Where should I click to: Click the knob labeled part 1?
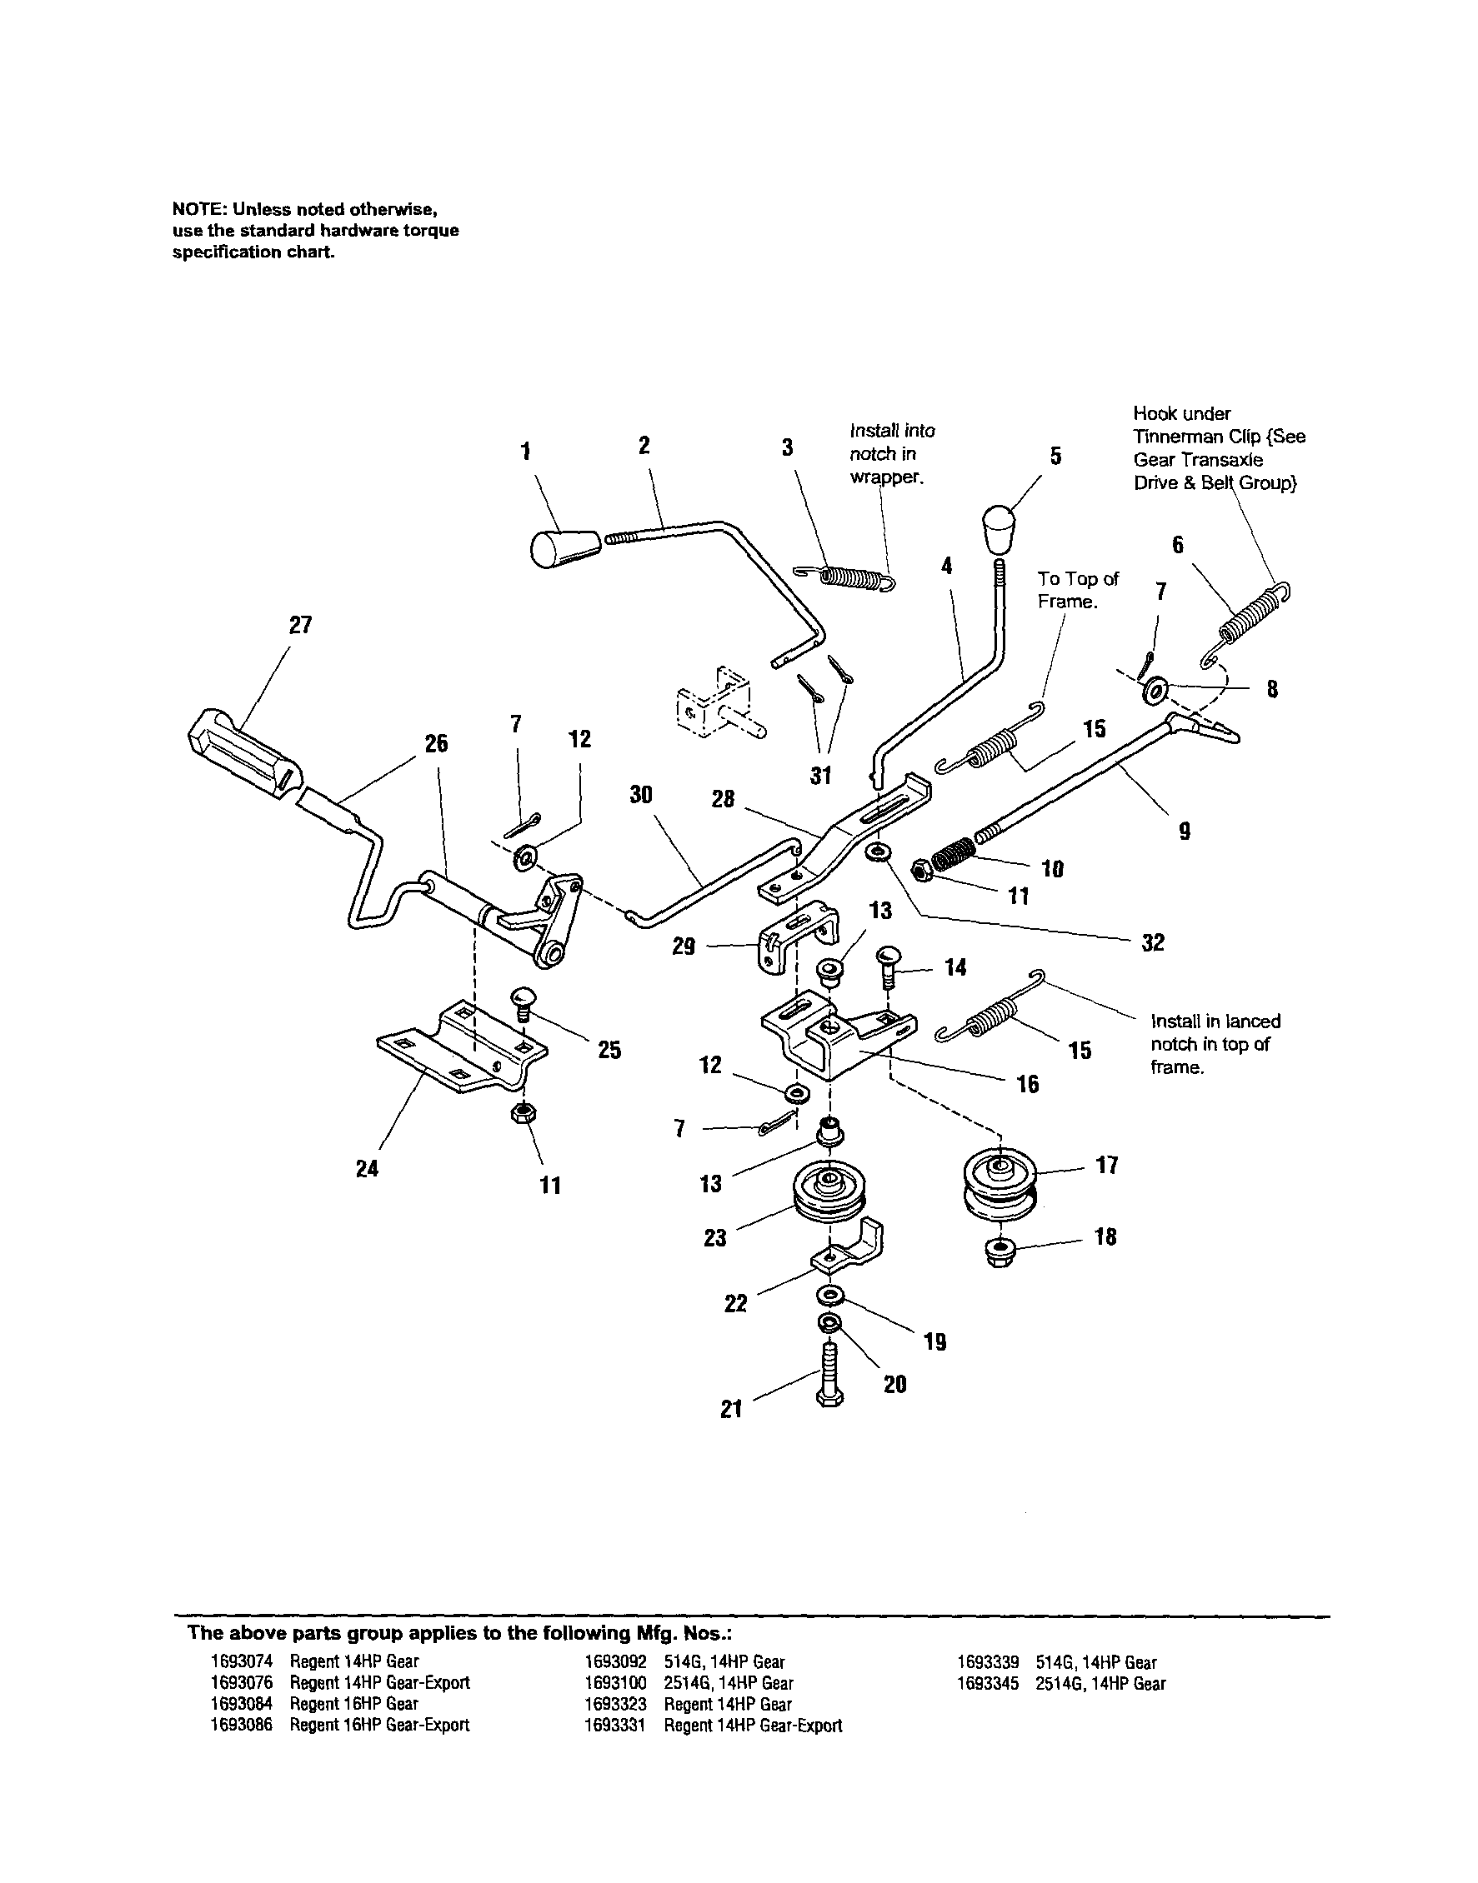coord(564,549)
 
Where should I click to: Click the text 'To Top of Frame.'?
coord(1078,590)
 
